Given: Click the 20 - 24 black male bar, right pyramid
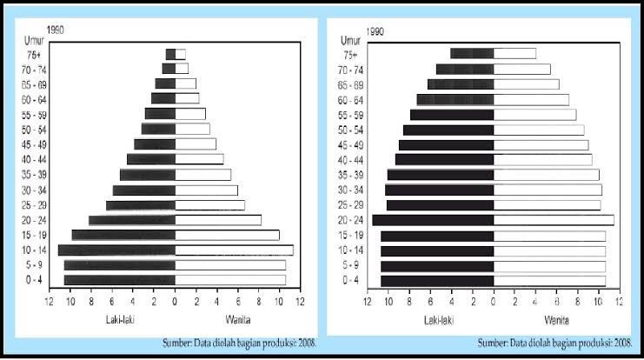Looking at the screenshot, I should click(433, 220).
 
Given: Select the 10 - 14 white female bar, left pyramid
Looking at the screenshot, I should click(234, 250).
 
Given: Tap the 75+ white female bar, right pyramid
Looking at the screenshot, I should click(515, 54).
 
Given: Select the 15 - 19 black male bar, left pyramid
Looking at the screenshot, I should click(123, 235).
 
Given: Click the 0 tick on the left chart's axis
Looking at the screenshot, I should click(175, 302).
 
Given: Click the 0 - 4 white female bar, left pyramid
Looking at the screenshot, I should click(230, 280).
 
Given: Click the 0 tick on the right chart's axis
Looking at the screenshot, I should click(494, 302).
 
